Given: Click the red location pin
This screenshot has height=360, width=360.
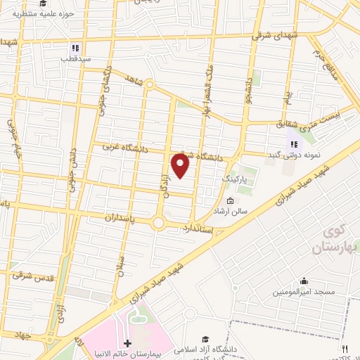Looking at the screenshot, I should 181,165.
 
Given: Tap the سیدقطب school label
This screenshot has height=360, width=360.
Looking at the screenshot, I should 75,59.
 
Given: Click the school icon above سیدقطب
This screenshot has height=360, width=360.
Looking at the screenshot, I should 75,49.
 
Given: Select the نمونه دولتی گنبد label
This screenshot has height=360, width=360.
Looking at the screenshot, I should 293,154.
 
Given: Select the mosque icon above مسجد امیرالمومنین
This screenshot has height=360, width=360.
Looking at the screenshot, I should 303,281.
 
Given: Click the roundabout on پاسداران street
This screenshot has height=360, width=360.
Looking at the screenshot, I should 158,224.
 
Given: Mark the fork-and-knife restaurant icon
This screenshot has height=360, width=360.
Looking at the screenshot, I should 345,349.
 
